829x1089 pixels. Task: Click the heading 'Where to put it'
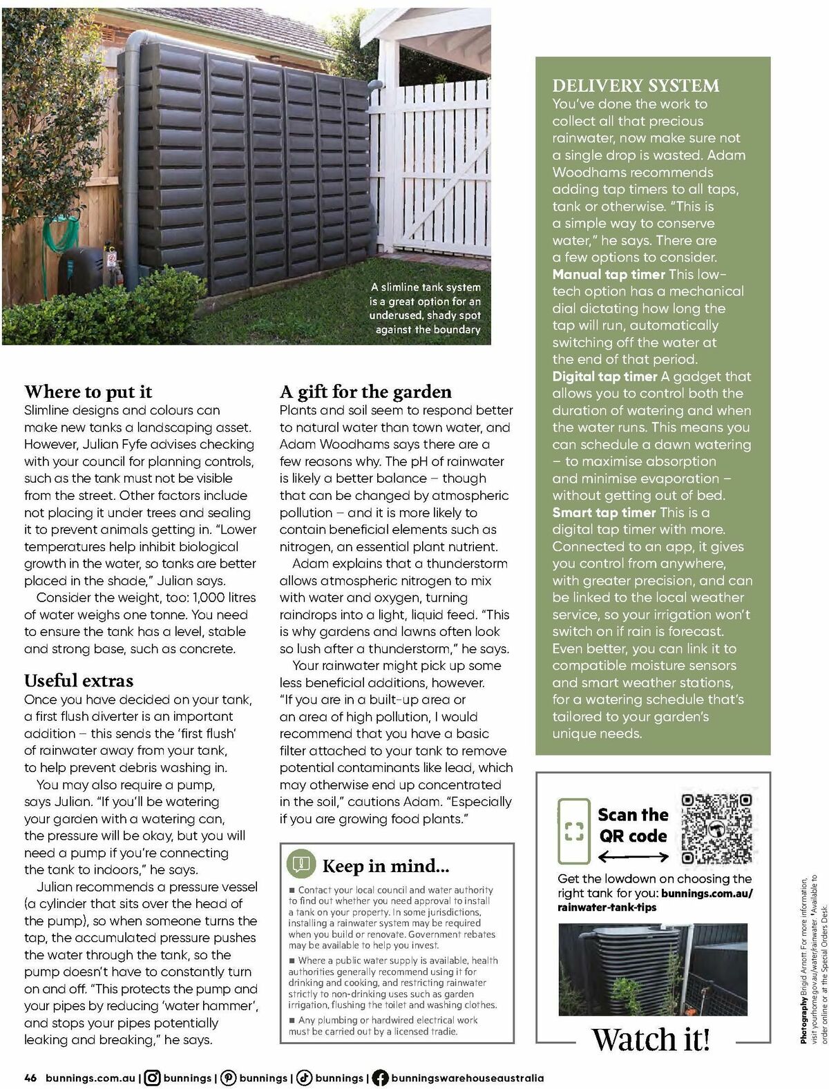coord(88,392)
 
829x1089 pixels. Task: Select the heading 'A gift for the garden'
coord(365,392)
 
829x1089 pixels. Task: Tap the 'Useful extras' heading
coord(79,681)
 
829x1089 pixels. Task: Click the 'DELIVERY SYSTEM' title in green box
coord(636,86)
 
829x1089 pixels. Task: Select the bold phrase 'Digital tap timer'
coord(604,377)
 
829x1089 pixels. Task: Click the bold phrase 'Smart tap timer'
coord(604,513)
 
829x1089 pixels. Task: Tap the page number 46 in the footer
coord(30,1077)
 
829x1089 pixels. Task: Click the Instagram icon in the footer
coord(153,1077)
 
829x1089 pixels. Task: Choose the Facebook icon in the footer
coord(379,1077)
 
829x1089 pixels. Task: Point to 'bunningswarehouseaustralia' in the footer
coord(467,1077)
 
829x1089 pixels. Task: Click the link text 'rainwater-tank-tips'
coord(607,907)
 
